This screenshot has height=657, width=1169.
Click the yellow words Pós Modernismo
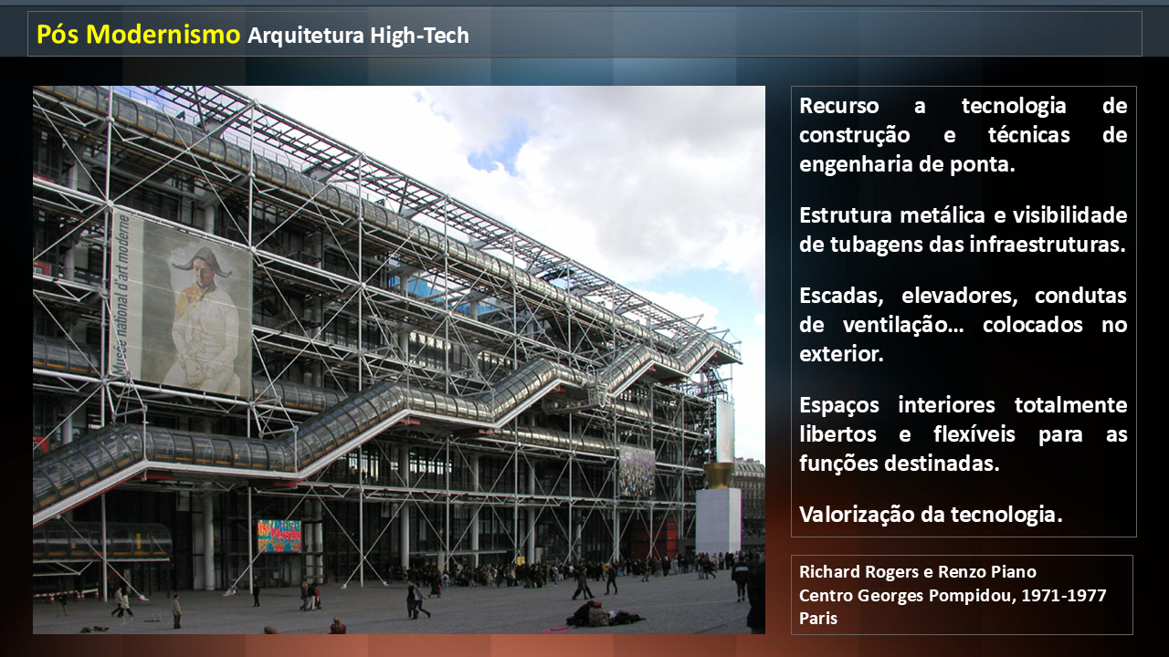coord(138,35)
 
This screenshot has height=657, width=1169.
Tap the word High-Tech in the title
coord(419,36)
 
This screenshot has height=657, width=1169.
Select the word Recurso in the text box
coord(839,106)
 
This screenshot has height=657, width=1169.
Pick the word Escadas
coord(841,296)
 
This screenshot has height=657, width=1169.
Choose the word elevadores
coord(960,296)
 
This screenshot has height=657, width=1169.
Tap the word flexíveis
coord(974,433)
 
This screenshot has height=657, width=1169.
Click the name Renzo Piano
coord(987,572)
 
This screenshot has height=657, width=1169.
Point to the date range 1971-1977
coord(1064,595)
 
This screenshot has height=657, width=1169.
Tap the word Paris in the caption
coord(818,619)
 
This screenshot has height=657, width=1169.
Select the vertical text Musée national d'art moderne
coord(121,294)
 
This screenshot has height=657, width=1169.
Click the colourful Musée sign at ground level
coord(279,536)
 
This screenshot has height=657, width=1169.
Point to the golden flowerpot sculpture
coord(719,475)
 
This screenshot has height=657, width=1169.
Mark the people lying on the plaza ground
coord(605,614)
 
